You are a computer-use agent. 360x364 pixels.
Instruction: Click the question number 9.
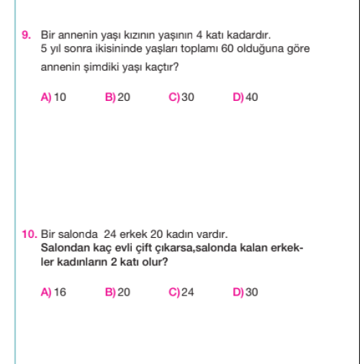25,35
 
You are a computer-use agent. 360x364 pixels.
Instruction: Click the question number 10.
29,234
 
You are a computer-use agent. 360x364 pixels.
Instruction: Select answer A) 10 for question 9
53,97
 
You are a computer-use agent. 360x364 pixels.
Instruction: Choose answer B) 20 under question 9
117,97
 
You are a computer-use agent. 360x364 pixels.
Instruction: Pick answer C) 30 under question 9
181,97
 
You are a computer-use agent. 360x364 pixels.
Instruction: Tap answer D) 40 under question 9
246,97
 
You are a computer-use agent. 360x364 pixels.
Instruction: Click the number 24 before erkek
109,234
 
